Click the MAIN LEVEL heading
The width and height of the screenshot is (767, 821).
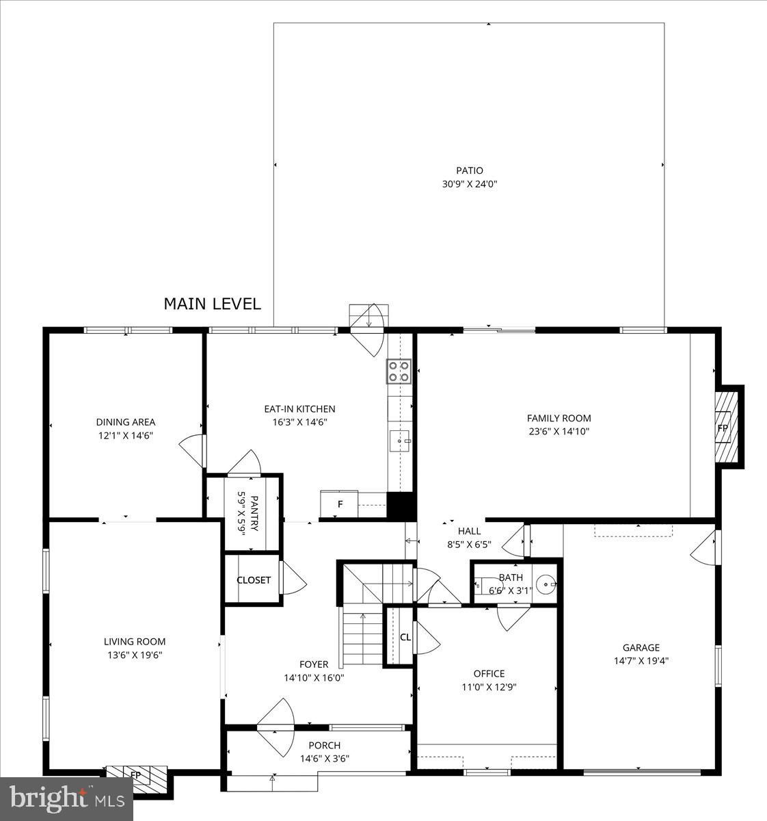click(212, 304)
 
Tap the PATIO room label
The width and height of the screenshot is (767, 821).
click(470, 170)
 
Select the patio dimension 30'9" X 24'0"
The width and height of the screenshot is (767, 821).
click(470, 184)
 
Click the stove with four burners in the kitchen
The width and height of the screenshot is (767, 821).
click(399, 371)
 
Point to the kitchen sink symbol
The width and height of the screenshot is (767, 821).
click(399, 441)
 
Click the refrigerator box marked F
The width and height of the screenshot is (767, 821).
click(339, 505)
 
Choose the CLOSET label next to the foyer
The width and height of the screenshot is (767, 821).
click(254, 580)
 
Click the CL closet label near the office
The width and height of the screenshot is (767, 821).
click(405, 637)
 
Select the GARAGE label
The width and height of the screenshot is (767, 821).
click(641, 647)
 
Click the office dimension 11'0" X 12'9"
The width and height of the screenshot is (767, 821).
click(489, 687)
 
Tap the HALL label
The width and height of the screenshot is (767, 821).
click(469, 531)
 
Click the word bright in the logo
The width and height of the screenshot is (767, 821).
click(46, 797)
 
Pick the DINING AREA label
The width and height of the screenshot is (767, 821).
click(125, 422)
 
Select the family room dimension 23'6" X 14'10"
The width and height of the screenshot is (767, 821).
click(559, 432)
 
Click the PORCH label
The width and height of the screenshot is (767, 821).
click(324, 745)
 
